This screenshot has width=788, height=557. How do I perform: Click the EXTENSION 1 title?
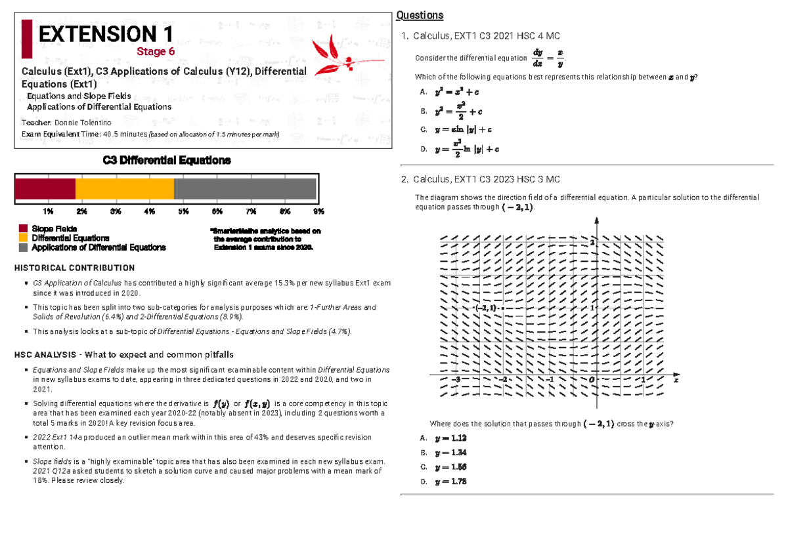coord(106,34)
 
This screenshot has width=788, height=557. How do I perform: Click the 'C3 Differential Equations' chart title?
coord(167,161)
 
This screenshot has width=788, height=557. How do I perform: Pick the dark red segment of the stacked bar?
coord(45,189)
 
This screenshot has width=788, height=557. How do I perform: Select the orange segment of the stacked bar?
coord(125,189)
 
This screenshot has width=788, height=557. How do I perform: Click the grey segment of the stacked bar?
coord(245,189)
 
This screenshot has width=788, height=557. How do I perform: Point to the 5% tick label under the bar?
coord(183,211)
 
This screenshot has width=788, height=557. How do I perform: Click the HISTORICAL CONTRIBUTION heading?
coord(74,268)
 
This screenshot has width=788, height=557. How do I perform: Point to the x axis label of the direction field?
coord(675,380)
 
